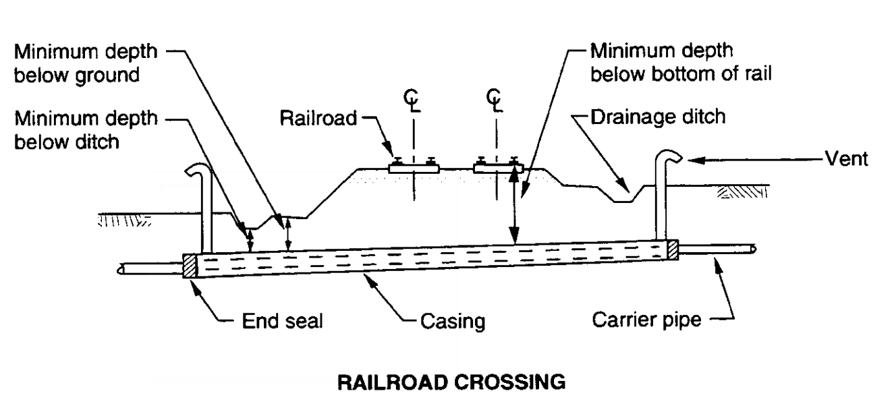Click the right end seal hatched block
(671, 249)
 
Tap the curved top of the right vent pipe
(668, 160)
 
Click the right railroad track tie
(497, 167)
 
